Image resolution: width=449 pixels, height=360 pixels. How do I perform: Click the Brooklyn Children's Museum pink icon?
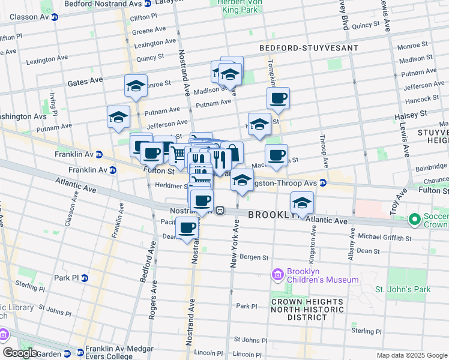click(x=277, y=275)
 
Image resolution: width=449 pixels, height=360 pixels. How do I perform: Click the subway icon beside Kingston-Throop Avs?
click(x=323, y=182)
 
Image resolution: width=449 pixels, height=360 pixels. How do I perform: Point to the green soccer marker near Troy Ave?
click(x=414, y=220)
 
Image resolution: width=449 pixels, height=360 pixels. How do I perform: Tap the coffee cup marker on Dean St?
click(x=188, y=228)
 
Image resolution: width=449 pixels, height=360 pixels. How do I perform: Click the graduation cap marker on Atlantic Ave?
click(x=303, y=203)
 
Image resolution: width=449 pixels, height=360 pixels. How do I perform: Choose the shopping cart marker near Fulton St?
click(x=178, y=155)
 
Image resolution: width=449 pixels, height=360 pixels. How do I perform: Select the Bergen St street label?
click(x=253, y=257)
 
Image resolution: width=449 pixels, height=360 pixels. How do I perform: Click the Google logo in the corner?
click(x=20, y=353)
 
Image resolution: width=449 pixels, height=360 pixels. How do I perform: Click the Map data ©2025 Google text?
click(x=412, y=355)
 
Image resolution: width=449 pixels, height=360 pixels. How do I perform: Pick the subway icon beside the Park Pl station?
click(x=85, y=278)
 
